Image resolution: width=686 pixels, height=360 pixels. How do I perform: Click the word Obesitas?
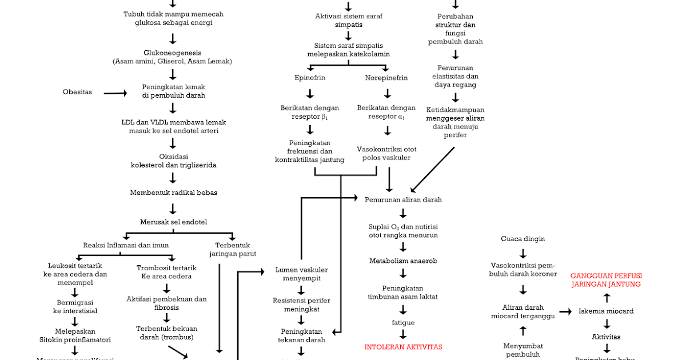(77, 92)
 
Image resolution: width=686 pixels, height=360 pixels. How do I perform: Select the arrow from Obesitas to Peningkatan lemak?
(115, 93)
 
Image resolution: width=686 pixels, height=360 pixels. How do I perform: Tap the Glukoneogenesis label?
(173, 53)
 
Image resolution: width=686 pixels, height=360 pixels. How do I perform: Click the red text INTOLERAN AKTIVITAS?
(403, 347)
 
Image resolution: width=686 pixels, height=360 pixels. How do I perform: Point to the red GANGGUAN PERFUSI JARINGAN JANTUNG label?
(605, 279)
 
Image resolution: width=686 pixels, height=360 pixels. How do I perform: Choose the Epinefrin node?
(310, 78)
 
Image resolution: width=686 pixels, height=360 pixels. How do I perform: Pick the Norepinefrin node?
(386, 78)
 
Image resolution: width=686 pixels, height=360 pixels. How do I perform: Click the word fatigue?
(403, 322)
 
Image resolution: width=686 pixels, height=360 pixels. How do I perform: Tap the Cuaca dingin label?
(523, 239)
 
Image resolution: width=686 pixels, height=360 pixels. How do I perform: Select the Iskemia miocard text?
(605, 311)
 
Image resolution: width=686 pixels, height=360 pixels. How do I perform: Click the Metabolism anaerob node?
(403, 261)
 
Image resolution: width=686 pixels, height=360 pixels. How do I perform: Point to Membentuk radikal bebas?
(173, 193)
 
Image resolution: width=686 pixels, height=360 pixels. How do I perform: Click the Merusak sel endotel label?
(173, 222)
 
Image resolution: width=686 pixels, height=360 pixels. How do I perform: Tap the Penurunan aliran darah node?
(403, 199)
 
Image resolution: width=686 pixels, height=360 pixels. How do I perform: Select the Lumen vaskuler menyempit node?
(301, 274)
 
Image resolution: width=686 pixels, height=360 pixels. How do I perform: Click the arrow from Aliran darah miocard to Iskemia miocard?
(565, 311)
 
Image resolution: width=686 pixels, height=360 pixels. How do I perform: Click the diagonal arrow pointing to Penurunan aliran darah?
(433, 169)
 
